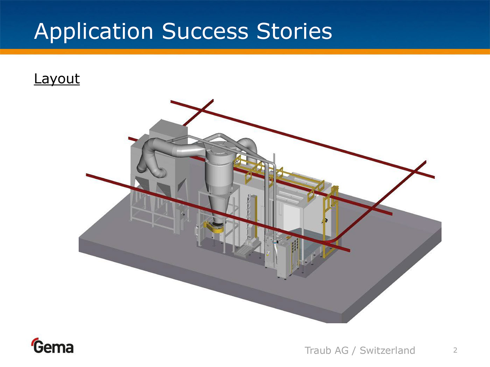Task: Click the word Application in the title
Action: tap(93, 31)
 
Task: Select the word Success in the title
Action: tap(205, 31)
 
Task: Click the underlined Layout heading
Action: tap(57, 79)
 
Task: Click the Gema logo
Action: tap(52, 346)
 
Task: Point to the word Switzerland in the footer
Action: tap(387, 350)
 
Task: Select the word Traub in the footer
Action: tap(318, 350)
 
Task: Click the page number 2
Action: tap(455, 350)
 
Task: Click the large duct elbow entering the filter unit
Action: tap(150, 157)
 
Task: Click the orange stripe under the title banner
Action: tap(245, 52)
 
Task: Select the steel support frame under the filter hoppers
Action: tap(154, 213)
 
